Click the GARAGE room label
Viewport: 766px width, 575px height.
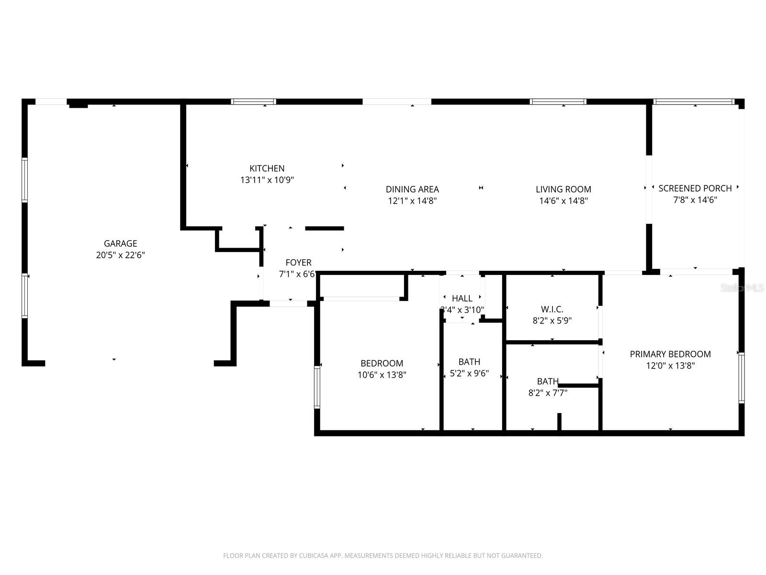pyautogui.click(x=120, y=243)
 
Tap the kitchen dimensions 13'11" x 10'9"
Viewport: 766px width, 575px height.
pyautogui.click(x=267, y=180)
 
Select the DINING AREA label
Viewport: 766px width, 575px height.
pyautogui.click(x=412, y=189)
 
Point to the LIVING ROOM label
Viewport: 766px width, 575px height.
pyautogui.click(x=563, y=189)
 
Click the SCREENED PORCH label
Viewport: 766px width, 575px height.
pyautogui.click(x=695, y=188)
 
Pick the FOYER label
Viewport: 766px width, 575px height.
pyautogui.click(x=298, y=263)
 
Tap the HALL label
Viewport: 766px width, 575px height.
pyautogui.click(x=462, y=299)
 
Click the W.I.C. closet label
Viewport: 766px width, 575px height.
pyautogui.click(x=552, y=309)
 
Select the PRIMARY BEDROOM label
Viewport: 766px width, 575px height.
pyautogui.click(x=670, y=354)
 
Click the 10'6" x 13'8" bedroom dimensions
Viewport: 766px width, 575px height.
pyautogui.click(x=382, y=375)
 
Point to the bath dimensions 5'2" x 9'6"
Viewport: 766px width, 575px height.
pyautogui.click(x=469, y=373)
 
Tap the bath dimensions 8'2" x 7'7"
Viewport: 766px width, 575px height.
pyautogui.click(x=548, y=393)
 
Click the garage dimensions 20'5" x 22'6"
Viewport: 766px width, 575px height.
pyautogui.click(x=120, y=255)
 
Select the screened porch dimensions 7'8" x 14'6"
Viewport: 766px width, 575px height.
pyautogui.click(x=695, y=200)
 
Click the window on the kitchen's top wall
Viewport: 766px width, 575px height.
pyautogui.click(x=253, y=102)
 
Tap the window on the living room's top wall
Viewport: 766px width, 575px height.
pyautogui.click(x=558, y=102)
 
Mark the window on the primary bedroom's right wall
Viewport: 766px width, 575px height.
pyautogui.click(x=741, y=378)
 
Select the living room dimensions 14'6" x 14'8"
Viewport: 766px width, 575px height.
pyautogui.click(x=563, y=201)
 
